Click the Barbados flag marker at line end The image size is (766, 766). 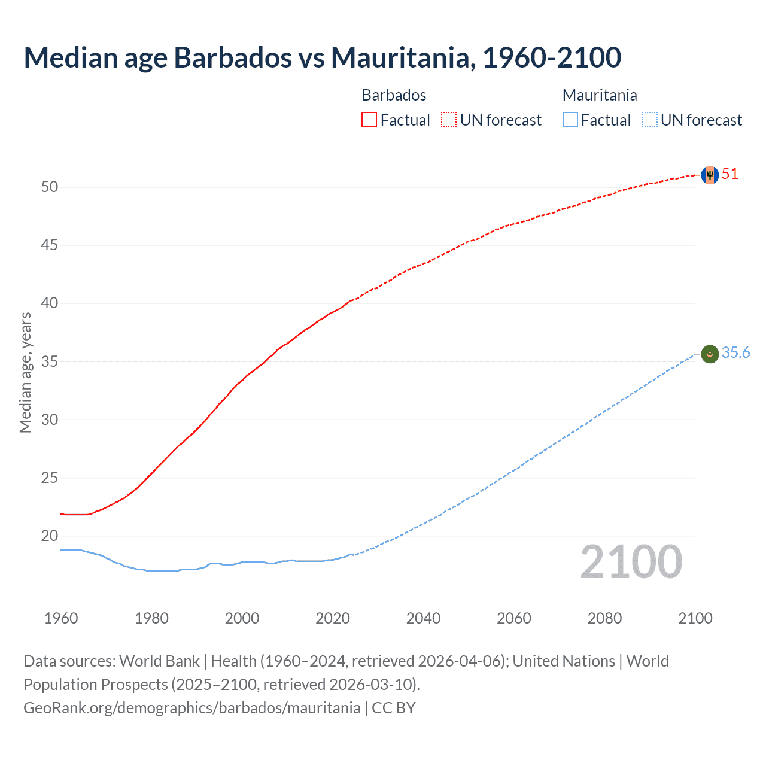[x=710, y=175]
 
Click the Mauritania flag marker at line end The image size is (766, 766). [x=710, y=354]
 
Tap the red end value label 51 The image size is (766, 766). [x=730, y=174]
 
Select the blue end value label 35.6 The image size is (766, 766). [x=735, y=353]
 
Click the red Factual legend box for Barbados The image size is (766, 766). [x=369, y=120]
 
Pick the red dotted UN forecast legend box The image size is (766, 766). [x=449, y=120]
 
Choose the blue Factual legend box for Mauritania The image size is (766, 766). [x=570, y=120]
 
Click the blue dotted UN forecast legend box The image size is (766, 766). [x=650, y=120]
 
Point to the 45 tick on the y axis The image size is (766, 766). [x=50, y=245]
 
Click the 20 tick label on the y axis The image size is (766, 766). [x=50, y=536]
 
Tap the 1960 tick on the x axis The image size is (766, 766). [x=61, y=618]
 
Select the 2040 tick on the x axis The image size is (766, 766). [x=423, y=618]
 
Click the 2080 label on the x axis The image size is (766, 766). [x=604, y=618]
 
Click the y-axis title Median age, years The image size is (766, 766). [x=25, y=372]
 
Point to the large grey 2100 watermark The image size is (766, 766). [x=631, y=563]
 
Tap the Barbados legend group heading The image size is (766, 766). [x=394, y=95]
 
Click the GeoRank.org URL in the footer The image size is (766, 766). [x=191, y=708]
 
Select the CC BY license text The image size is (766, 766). [x=393, y=708]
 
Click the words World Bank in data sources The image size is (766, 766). [x=159, y=661]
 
